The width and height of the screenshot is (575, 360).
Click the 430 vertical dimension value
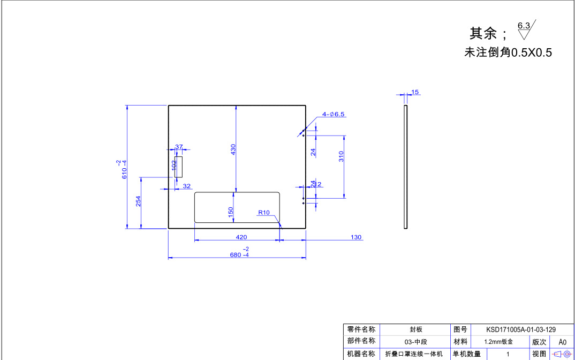233,149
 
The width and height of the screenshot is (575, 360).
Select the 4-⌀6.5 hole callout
334,114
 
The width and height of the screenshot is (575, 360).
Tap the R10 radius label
264,213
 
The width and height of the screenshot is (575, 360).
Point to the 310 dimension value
341,156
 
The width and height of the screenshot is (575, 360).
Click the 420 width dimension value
241,237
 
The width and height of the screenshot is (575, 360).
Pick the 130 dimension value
356,237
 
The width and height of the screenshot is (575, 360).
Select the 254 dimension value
138,201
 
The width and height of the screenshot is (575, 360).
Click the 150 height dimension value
231,213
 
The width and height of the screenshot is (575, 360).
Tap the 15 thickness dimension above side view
415,92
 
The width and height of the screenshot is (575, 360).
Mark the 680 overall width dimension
239,255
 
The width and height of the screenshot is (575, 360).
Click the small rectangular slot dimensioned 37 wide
179,167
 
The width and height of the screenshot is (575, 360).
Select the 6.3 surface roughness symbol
525,30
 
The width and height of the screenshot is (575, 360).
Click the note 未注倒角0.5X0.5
508,52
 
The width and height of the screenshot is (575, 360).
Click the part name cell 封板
416,330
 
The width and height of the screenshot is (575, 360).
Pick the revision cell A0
562,342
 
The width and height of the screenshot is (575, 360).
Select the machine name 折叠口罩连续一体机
414,354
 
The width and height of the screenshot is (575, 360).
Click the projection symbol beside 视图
562,354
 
